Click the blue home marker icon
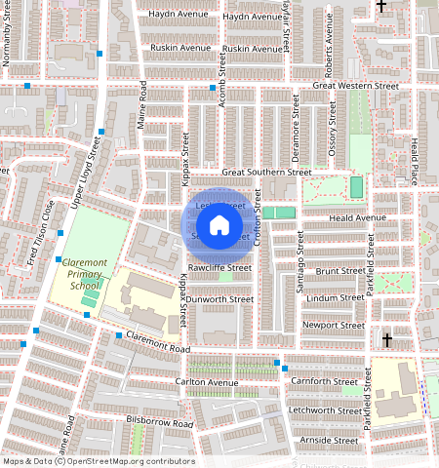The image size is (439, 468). click(219, 225)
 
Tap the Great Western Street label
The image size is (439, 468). click(356, 87)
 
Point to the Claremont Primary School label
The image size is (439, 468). click(80, 274)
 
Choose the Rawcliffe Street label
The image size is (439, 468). click(219, 268)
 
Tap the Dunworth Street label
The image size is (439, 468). click(220, 299)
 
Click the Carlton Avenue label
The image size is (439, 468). click(207, 382)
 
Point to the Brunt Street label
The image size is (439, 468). click(340, 271)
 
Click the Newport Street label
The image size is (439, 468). click(334, 325)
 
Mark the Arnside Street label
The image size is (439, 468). click(329, 441)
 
